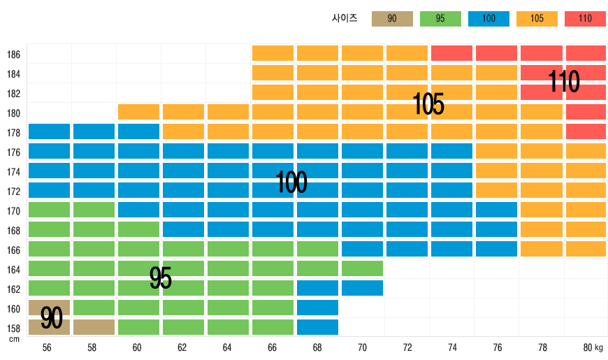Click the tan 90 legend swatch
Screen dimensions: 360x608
pyautogui.click(x=392, y=19)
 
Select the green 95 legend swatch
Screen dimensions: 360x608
pyautogui.click(x=440, y=19)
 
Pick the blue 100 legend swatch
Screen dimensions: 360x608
pyautogui.click(x=488, y=19)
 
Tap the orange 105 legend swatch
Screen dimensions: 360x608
pyautogui.click(x=537, y=19)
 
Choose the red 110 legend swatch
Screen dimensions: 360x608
pyautogui.click(x=585, y=19)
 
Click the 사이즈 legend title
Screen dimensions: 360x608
pyautogui.click(x=345, y=19)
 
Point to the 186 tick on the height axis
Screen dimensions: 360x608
pyautogui.click(x=14, y=55)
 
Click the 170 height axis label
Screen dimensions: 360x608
pyautogui.click(x=14, y=211)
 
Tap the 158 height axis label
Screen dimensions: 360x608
pyautogui.click(x=14, y=329)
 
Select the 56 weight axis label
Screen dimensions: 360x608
pyautogui.click(x=47, y=347)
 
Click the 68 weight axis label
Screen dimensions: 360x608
pyautogui.click(x=317, y=347)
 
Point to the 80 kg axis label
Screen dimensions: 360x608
pyautogui.click(x=593, y=347)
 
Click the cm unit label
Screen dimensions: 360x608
pyautogui.click(x=14, y=339)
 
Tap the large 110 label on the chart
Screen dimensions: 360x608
pyautogui.click(x=563, y=82)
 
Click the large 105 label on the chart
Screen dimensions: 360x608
pyautogui.click(x=428, y=105)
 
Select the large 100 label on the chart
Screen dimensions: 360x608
pyautogui.click(x=291, y=182)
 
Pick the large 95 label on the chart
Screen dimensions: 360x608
pyautogui.click(x=161, y=278)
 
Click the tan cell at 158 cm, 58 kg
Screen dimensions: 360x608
pyautogui.click(x=94, y=327)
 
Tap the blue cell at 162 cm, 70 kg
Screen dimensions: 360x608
pyautogui.click(x=362, y=288)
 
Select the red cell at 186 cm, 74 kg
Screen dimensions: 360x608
pyautogui.click(x=451, y=53)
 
